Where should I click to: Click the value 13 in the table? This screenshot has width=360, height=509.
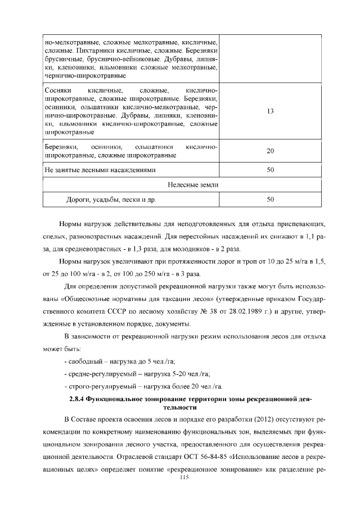tap(270, 111)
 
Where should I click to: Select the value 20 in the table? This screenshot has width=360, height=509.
tap(270, 151)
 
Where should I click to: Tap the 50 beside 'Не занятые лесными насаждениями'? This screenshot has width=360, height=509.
tap(270, 169)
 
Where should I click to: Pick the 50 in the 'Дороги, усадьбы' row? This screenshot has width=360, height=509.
tap(270, 199)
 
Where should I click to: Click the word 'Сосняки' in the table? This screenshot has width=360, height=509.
tap(57, 91)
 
